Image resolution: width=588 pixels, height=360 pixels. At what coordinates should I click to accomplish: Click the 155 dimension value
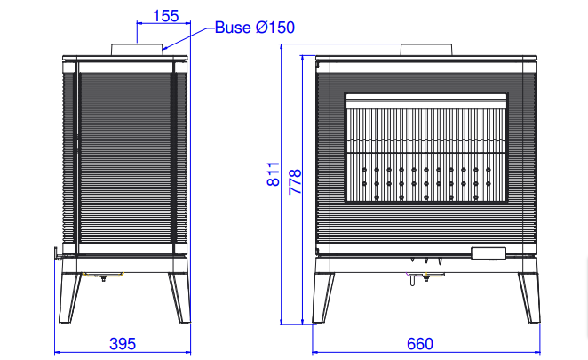coord(166,16)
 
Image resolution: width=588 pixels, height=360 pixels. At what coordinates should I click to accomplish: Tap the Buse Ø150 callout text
coord(255,28)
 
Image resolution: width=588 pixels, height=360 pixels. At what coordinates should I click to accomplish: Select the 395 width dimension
coord(123,344)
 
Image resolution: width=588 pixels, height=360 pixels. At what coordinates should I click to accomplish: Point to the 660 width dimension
coord(420,344)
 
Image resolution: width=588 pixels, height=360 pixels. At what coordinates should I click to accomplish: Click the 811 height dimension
coord(274,174)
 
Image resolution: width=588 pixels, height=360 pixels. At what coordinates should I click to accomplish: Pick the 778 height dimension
coord(295,181)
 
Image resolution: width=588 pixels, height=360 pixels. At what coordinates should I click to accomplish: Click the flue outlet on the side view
coord(138,50)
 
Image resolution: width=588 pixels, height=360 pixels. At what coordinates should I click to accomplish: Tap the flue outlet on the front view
coord(426,50)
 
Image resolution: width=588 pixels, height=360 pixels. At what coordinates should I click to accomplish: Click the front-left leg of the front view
coord(323,298)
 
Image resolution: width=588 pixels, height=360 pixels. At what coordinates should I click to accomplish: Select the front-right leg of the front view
coord(529,298)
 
